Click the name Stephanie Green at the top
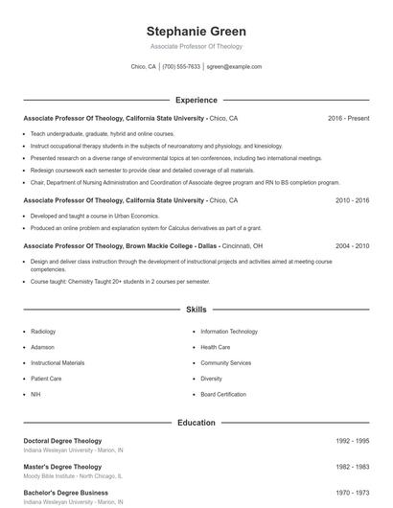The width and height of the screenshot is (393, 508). [x=196, y=31]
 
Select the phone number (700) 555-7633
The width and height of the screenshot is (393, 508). [x=181, y=67]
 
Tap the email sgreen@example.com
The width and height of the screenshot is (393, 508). [x=234, y=67]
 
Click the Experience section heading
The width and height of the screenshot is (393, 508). [x=196, y=100]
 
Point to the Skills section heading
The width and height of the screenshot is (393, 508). [x=196, y=310]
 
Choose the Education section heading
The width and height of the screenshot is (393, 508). [x=196, y=422]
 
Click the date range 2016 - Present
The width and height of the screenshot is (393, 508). [x=348, y=118]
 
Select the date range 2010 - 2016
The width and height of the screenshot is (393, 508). [x=352, y=200]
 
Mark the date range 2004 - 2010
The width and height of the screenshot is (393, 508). [x=352, y=245]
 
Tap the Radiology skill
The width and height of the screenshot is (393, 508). [x=43, y=332]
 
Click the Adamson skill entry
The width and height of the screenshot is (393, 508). [x=43, y=347]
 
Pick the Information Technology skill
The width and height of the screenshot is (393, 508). [x=229, y=332]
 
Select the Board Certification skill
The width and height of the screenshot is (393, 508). [x=223, y=394]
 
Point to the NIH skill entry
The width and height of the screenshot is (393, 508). [x=35, y=394]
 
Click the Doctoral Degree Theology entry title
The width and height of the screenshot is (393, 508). [x=62, y=441]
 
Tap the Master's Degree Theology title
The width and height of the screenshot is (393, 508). [x=62, y=467]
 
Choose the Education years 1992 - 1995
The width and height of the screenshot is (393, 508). [x=352, y=441]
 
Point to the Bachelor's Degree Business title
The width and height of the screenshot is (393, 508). [x=65, y=493]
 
